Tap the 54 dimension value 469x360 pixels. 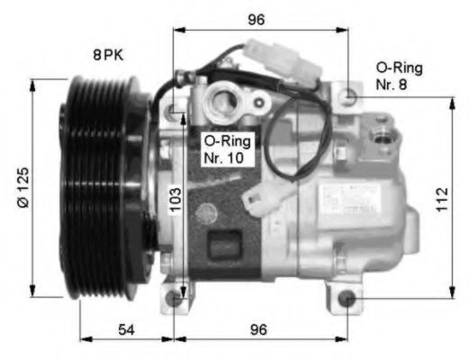click(x=127, y=330)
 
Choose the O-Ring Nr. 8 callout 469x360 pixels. click(x=399, y=76)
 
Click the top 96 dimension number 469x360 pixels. click(x=258, y=19)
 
